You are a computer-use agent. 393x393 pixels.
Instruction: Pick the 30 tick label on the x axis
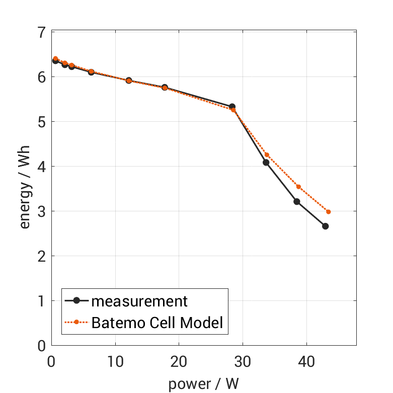243,362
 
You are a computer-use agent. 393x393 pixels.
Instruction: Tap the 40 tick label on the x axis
306,362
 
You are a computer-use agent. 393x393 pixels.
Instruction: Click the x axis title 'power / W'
203,383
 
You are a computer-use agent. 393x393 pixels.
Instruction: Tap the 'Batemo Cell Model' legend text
156,322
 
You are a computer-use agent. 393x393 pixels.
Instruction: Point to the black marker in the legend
76,301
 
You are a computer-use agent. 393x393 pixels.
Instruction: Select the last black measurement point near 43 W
325,226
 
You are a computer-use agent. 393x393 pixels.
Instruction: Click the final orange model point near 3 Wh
329,212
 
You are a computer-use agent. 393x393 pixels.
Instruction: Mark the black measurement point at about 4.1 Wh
266,162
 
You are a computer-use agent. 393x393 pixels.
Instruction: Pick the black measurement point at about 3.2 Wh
296,202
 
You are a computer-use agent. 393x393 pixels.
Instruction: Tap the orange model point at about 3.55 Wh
298,187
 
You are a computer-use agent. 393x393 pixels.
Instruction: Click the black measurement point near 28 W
232,107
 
